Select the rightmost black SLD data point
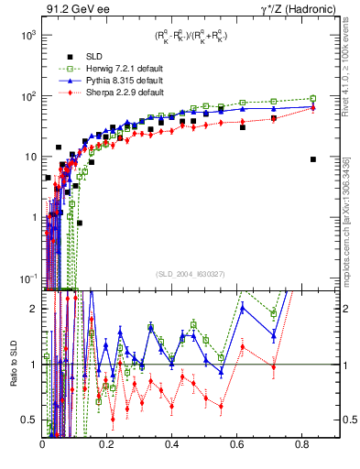[313, 159]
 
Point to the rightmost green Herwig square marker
[313, 99]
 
